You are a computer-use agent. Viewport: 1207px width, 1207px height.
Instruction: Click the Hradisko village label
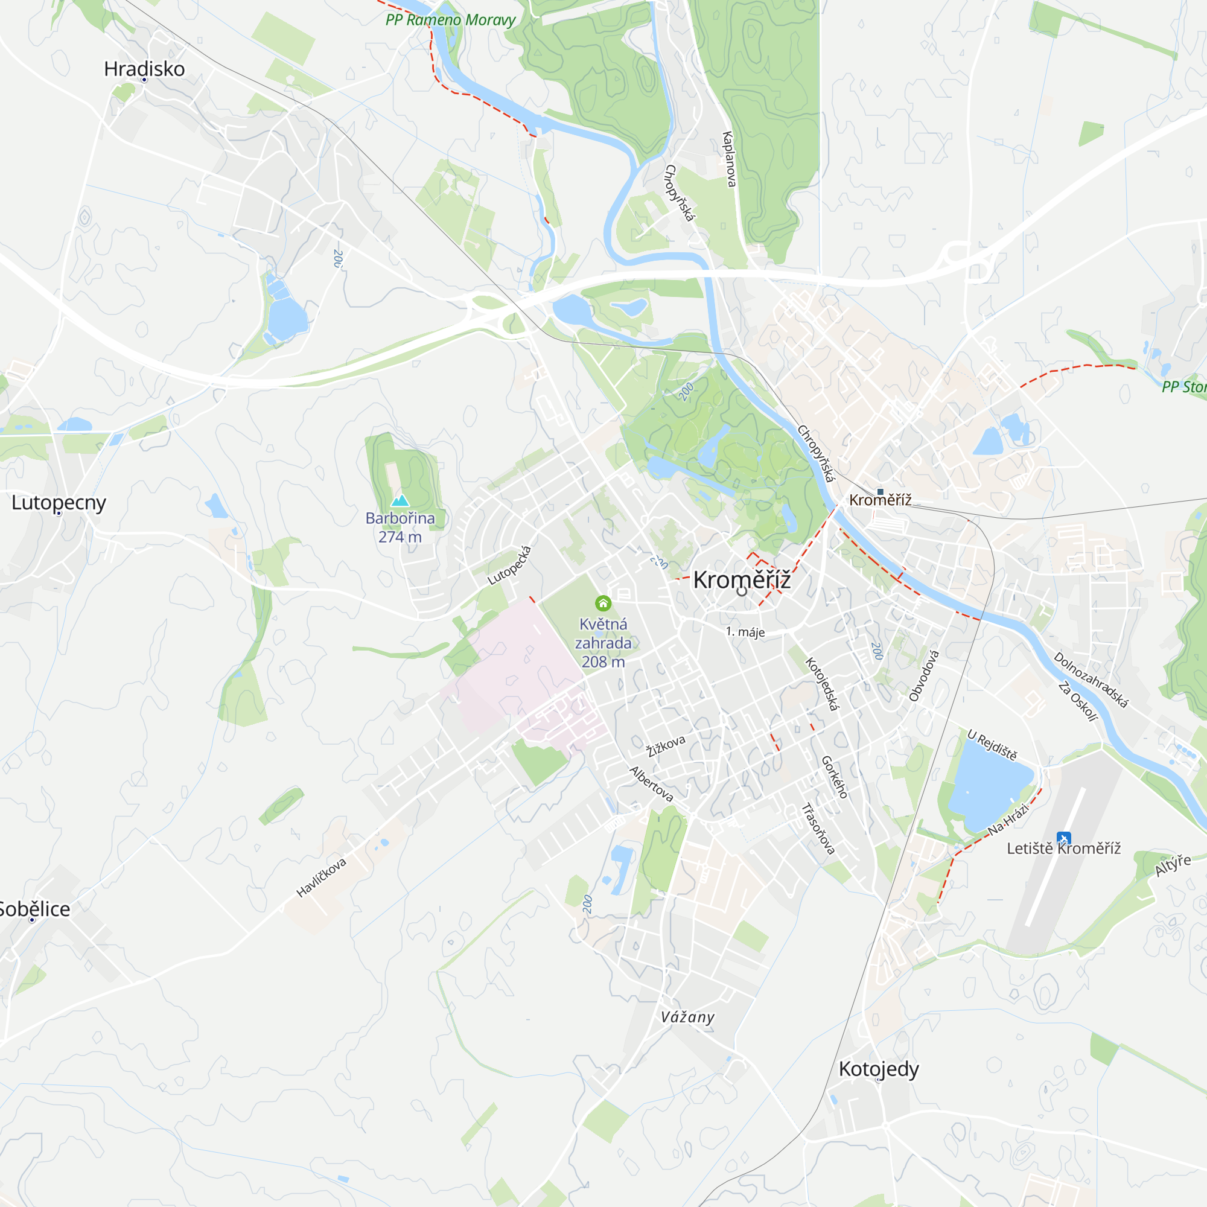click(144, 69)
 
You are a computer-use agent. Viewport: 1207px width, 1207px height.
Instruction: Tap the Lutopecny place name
click(59, 502)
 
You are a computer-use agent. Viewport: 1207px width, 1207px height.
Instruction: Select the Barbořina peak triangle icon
click(400, 500)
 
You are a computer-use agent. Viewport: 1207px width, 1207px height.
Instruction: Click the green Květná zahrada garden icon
click(603, 603)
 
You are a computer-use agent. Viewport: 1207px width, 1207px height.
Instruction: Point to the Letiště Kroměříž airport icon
click(1063, 838)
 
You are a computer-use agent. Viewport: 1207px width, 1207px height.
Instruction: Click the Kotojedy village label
click(878, 1068)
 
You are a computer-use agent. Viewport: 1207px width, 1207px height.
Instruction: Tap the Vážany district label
click(687, 1017)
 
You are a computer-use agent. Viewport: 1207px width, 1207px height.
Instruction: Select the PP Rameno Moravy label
click(450, 20)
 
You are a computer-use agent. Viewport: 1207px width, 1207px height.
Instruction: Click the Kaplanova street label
click(729, 159)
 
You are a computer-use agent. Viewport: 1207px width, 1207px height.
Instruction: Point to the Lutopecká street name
click(510, 565)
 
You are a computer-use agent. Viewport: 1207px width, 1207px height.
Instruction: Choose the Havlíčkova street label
click(321, 877)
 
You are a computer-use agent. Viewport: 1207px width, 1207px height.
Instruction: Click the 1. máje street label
click(745, 632)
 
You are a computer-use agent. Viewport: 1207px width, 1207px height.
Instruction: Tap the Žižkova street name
click(666, 746)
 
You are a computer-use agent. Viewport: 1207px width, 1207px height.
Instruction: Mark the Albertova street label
click(652, 784)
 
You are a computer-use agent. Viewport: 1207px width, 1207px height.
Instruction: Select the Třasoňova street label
click(818, 829)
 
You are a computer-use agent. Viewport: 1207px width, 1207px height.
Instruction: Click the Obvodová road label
click(924, 675)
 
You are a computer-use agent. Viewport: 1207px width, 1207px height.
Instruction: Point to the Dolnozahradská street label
click(1091, 680)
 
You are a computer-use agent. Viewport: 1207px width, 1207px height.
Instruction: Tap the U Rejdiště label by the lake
click(992, 745)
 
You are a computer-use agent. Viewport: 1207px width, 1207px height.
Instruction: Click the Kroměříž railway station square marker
click(881, 492)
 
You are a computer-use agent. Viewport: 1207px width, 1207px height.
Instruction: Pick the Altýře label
click(1173, 865)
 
